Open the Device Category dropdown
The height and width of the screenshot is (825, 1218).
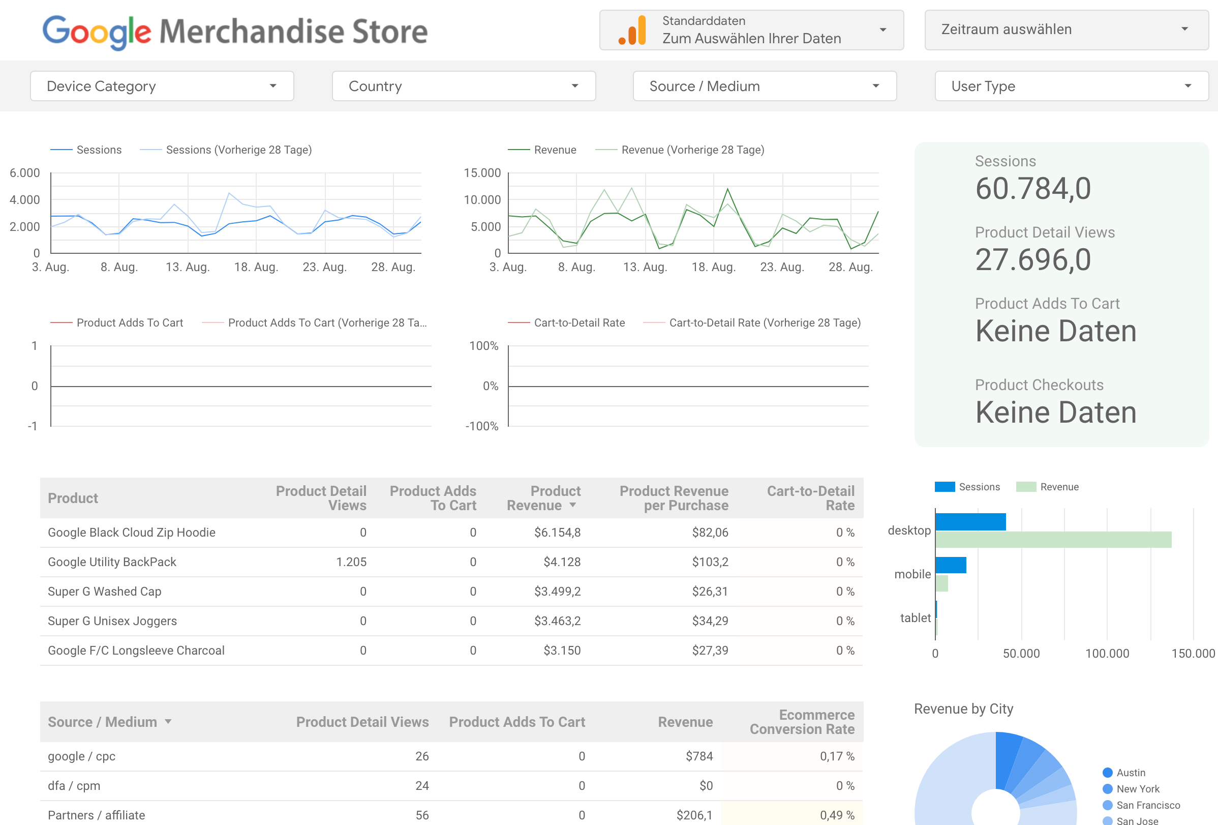(162, 86)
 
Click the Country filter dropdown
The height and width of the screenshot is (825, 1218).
(463, 86)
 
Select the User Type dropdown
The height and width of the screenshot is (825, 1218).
(1071, 86)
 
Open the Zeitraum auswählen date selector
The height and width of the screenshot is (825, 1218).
(1066, 30)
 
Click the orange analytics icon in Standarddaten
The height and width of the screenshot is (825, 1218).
(632, 31)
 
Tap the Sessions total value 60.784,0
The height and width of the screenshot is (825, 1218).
(1032, 189)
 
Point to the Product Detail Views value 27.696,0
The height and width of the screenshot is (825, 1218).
(1032, 260)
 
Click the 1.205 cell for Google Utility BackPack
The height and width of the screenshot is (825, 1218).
(351, 562)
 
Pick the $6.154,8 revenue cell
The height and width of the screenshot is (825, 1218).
(557, 533)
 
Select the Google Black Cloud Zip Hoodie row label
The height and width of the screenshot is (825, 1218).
(132, 533)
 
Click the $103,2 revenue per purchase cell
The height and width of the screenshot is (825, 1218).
(710, 562)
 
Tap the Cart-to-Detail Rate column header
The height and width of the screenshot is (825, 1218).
(810, 498)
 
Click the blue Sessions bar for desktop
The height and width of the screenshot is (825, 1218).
(970, 522)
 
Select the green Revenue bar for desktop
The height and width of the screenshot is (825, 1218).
(1053, 540)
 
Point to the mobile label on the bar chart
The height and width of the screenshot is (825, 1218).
(912, 574)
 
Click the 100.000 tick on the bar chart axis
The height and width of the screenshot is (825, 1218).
(1107, 654)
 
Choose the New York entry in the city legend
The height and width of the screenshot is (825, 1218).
(1137, 789)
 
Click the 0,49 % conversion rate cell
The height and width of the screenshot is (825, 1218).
(836, 815)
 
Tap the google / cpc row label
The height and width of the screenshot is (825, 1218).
(82, 756)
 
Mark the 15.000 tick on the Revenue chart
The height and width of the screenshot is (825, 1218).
(482, 173)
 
